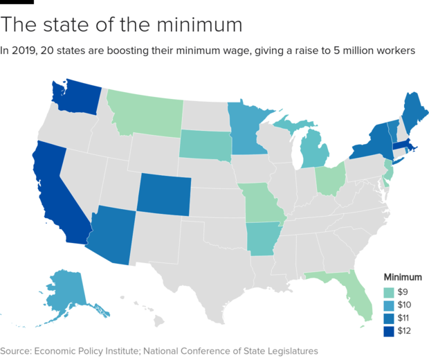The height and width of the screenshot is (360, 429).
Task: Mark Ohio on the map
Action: click(331, 179)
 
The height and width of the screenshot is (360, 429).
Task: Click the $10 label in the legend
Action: click(406, 305)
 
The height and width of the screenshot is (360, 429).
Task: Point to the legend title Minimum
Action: click(403, 277)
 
